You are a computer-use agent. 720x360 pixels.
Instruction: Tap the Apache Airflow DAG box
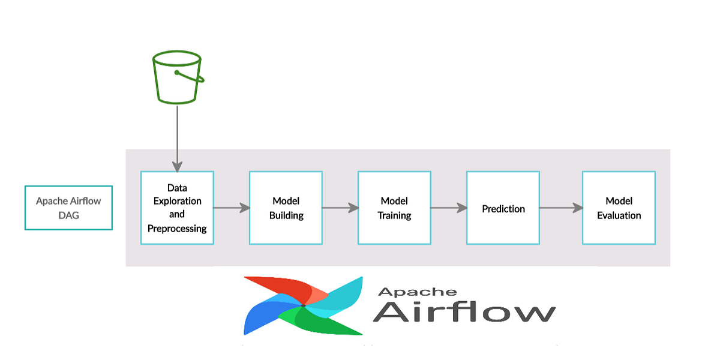pos(68,208)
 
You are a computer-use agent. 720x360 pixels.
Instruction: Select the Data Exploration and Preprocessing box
pos(177,208)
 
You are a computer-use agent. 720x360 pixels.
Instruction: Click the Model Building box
pos(286,208)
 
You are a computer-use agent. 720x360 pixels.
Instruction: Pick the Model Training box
pos(394,208)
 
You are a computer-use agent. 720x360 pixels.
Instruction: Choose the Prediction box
pos(503,208)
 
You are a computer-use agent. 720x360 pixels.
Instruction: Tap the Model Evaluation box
pos(619,208)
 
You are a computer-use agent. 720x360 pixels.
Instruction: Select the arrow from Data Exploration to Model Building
pos(231,208)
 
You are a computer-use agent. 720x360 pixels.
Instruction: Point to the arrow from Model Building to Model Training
pos(340,208)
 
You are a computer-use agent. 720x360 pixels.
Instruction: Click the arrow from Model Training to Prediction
pos(448,208)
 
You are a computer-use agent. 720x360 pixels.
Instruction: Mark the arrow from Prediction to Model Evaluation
pos(560,208)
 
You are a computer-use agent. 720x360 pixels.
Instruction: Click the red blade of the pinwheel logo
pos(282,288)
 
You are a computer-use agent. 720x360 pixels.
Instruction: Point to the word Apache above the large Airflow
pos(416,292)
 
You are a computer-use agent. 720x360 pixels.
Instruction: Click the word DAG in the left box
pos(68,215)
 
